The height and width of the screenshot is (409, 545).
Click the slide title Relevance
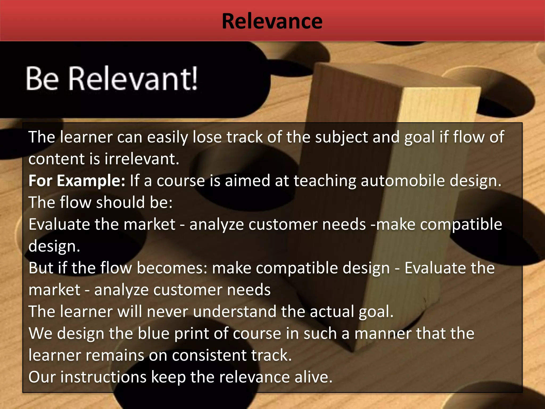(x=272, y=21)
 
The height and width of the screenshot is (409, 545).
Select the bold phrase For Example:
(x=77, y=181)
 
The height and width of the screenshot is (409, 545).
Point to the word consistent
(x=209, y=355)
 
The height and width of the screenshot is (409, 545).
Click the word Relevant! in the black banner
(x=133, y=79)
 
